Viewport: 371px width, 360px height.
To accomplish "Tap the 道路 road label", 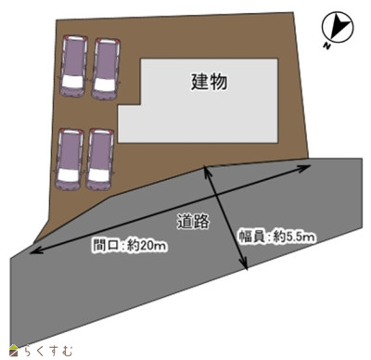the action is [x=192, y=221].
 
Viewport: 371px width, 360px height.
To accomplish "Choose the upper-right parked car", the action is [x=106, y=67].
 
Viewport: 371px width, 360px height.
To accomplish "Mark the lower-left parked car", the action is [x=70, y=156].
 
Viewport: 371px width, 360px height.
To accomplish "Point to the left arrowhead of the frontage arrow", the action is [x=33, y=251].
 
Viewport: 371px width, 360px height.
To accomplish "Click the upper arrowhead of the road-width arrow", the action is [x=205, y=170].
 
